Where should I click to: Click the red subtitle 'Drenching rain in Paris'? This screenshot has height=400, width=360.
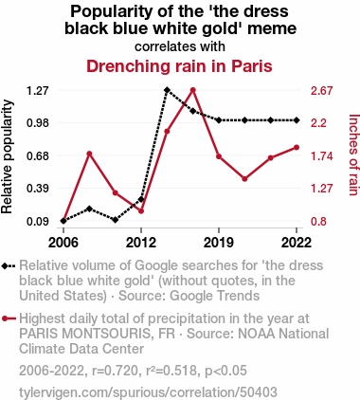point(179,66)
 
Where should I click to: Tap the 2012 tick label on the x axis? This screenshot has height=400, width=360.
point(141,243)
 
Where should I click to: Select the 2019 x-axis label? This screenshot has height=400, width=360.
point(219,243)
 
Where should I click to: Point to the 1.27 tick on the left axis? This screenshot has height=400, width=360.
point(38,91)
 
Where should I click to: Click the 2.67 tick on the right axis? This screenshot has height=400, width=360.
point(322,91)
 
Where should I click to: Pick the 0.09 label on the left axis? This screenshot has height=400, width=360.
point(38,222)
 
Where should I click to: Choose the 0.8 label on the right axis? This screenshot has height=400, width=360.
point(318,222)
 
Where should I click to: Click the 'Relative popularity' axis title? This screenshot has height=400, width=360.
point(8,156)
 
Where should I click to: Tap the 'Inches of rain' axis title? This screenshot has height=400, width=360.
point(354,155)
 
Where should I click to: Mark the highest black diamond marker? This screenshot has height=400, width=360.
point(167,90)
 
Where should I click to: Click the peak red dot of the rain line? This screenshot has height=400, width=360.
point(193,90)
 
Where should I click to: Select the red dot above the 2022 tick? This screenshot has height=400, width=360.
point(297,148)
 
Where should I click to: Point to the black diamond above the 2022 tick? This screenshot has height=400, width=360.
point(297,120)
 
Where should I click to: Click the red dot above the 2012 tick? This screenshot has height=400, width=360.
point(141,210)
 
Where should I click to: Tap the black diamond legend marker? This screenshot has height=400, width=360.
point(9,265)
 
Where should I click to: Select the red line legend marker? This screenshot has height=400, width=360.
point(9,318)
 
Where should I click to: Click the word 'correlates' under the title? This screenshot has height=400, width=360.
point(159,46)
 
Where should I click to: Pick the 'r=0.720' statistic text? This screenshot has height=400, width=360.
point(115,371)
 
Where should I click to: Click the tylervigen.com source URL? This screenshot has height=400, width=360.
point(148,392)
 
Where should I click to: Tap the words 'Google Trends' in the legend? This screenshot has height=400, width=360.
point(215,296)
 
